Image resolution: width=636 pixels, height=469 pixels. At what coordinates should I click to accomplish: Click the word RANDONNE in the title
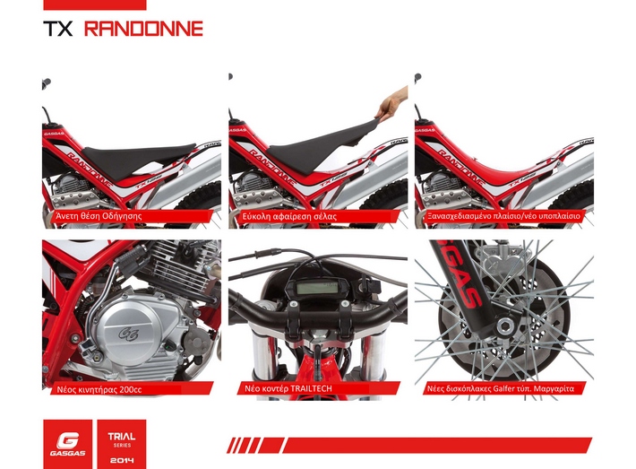(x=143, y=29)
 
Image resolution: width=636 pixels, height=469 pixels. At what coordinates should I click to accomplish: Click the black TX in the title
(x=58, y=29)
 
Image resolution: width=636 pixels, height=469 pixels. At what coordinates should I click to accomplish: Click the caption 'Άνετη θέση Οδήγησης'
(x=99, y=216)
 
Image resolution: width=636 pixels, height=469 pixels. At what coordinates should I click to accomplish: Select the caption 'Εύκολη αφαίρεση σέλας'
(x=289, y=216)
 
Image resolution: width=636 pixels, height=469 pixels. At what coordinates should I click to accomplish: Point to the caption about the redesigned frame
(x=503, y=216)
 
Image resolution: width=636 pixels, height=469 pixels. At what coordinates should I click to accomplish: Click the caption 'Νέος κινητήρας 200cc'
(x=99, y=389)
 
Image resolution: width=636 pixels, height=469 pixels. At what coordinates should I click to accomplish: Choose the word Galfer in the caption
(x=503, y=388)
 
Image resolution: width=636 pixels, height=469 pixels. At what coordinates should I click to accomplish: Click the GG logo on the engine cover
(x=128, y=334)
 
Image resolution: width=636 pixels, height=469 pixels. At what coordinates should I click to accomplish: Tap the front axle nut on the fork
(x=504, y=325)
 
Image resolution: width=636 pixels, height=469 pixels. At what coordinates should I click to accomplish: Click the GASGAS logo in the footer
(x=68, y=444)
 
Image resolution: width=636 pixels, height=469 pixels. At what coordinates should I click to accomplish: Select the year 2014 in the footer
(x=122, y=460)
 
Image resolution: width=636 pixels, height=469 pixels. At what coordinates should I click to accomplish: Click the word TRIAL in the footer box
(x=122, y=437)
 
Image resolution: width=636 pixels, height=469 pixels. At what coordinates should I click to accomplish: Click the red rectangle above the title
(x=95, y=4)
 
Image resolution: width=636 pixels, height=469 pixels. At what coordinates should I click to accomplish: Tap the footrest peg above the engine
(x=133, y=254)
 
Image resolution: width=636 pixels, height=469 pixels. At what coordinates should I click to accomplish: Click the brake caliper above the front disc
(x=502, y=258)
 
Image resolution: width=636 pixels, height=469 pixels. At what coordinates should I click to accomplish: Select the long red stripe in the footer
(x=437, y=445)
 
